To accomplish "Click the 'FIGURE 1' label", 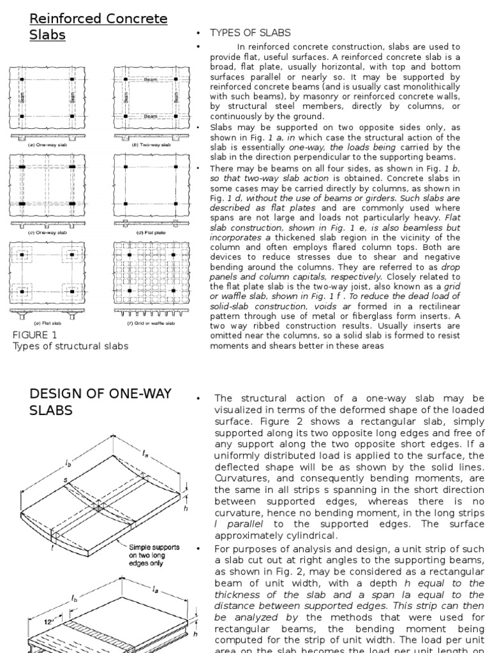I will pyautogui.click(x=35, y=334).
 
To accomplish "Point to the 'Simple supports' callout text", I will pyautogui.click(x=154, y=548).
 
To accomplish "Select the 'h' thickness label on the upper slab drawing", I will pyautogui.click(x=184, y=508).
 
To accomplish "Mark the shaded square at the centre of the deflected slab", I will pyautogui.click(x=98, y=508).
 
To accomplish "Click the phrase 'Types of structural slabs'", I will pyautogui.click(x=70, y=346).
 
